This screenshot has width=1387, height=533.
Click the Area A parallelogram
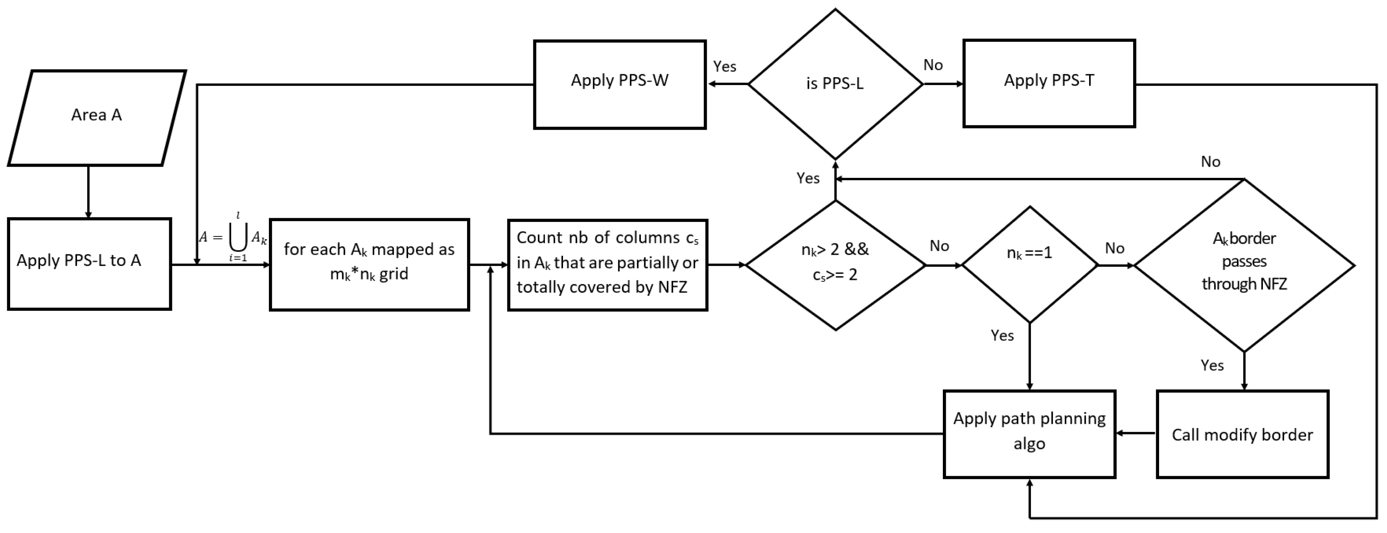point(97,117)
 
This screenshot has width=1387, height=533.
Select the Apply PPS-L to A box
point(90,264)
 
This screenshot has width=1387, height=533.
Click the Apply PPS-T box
point(1049,84)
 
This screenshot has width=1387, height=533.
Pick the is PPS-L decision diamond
point(835,84)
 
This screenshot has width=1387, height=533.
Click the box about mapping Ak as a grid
point(369,264)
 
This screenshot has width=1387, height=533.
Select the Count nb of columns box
point(607,264)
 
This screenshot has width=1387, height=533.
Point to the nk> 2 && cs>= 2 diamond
point(835,264)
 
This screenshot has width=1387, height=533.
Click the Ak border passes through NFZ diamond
point(1244,264)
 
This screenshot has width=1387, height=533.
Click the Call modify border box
point(1243,434)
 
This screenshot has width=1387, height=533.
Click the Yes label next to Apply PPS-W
point(725,66)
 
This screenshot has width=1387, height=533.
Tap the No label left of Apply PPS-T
point(933,65)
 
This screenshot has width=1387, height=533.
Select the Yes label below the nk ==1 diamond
point(1002,336)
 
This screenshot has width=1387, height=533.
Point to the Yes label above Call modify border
point(1212,366)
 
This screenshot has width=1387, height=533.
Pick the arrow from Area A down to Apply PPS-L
point(88,192)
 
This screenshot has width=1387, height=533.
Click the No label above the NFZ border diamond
point(1210,161)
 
